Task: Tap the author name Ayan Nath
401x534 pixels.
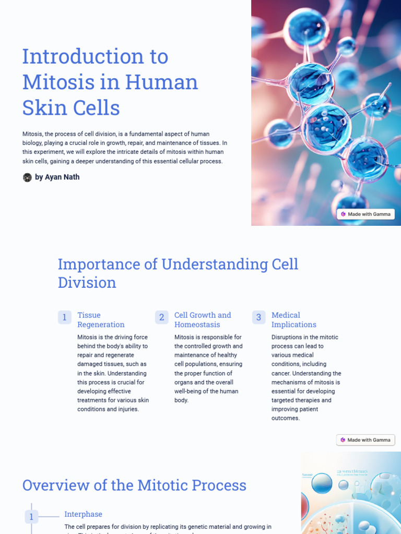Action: coord(62,177)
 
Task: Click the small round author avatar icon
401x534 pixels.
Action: coord(27,177)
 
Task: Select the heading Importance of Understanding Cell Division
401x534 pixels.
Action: coord(178,273)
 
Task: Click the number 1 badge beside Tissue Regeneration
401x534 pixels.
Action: coord(65,317)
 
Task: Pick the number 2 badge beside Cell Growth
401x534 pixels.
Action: coord(162,317)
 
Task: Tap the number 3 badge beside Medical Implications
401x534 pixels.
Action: coord(259,317)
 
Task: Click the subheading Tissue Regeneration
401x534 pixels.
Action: coord(101,320)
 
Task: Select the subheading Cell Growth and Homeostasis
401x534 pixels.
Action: coord(203,320)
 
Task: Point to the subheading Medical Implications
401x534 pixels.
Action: coord(294,320)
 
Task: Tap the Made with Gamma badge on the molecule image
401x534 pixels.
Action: coord(365,214)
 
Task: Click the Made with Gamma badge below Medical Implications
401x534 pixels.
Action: coord(365,440)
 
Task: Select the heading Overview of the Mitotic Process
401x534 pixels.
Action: coord(134,486)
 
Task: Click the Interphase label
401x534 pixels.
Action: coord(83,514)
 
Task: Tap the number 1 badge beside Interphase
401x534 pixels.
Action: coord(31,517)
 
